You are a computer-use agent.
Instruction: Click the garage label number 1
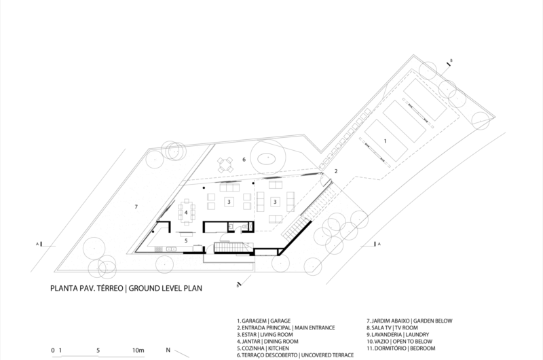(x=385, y=141)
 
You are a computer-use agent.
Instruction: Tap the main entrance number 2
(x=336, y=171)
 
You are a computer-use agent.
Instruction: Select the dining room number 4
(x=186, y=213)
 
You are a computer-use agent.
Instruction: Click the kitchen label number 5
(x=186, y=240)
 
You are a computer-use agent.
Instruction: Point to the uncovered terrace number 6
(x=244, y=160)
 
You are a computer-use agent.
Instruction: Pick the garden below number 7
(x=136, y=207)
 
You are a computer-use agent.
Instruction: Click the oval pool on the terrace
(x=267, y=160)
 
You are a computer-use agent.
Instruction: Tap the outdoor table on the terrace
(x=225, y=165)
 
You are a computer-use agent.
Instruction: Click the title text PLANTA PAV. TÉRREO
(x=87, y=288)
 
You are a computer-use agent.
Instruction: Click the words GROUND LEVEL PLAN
(x=165, y=288)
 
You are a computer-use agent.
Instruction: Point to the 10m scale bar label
(x=138, y=350)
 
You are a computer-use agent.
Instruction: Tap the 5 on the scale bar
(x=98, y=350)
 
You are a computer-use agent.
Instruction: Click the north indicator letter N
(x=168, y=350)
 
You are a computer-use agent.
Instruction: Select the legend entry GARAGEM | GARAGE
(x=264, y=321)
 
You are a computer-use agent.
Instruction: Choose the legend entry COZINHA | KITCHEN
(x=263, y=348)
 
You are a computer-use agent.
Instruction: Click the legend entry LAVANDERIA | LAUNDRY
(x=398, y=335)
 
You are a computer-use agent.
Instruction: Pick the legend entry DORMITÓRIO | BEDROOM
(x=401, y=348)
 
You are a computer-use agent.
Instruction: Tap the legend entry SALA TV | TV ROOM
(x=392, y=328)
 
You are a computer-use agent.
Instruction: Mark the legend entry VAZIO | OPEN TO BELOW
(x=400, y=341)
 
